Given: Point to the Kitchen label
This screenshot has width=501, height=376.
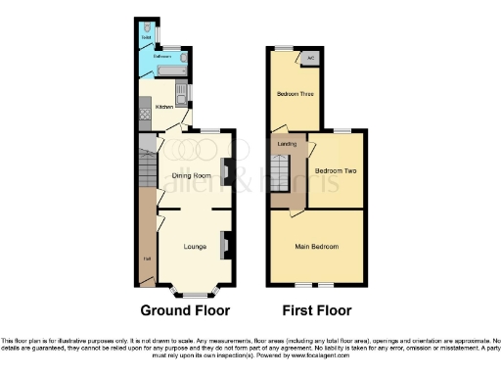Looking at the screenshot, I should [164, 106].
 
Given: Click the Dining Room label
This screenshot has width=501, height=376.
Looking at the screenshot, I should [192, 175].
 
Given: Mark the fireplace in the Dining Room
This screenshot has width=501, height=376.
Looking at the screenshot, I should [226, 171].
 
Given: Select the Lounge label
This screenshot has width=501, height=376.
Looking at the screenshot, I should [194, 246].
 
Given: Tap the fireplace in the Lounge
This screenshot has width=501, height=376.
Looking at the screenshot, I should [226, 244].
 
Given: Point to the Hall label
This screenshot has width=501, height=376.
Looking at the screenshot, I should [146, 259].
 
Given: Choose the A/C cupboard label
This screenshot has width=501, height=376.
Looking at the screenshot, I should [310, 58].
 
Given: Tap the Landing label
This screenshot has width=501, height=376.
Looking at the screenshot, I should [287, 144].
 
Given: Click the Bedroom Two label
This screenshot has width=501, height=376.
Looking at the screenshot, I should [334, 170].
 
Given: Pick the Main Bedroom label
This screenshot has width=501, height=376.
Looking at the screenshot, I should [317, 246].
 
